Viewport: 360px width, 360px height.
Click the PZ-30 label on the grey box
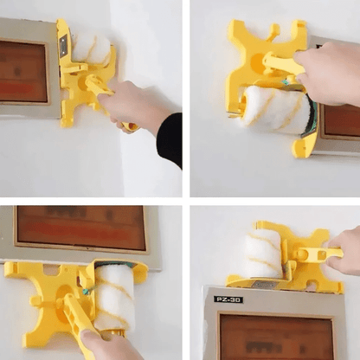(228, 299)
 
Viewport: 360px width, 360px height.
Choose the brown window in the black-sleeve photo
(23, 72)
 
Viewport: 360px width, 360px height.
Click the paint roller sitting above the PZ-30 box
(263, 254)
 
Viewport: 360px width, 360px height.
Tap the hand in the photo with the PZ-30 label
(345, 250)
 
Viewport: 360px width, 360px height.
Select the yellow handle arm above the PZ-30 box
(316, 254)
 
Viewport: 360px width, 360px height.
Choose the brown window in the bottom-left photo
(83, 228)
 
